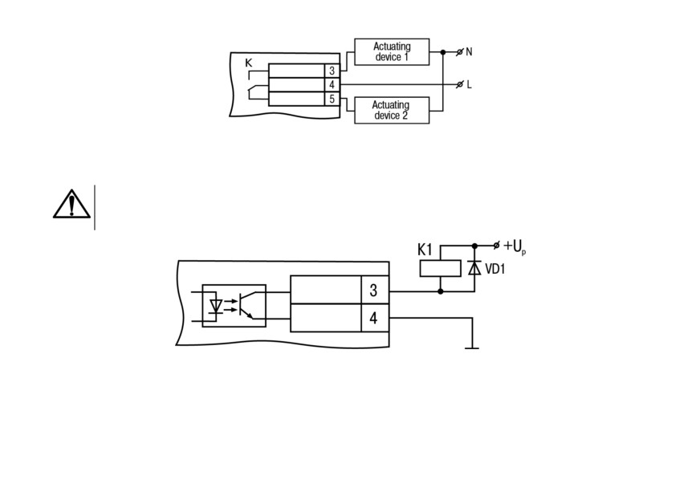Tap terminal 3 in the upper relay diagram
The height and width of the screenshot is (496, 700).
click(x=332, y=71)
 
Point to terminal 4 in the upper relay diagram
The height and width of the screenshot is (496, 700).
click(x=332, y=85)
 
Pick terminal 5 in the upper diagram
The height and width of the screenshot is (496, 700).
click(x=332, y=99)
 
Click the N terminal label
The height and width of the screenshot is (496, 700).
click(x=469, y=52)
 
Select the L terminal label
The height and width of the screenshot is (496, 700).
click(x=469, y=84)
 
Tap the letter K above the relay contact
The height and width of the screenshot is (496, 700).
click(x=249, y=63)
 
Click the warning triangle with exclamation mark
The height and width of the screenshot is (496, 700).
click(x=72, y=204)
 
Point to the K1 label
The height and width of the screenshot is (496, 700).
click(x=425, y=250)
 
